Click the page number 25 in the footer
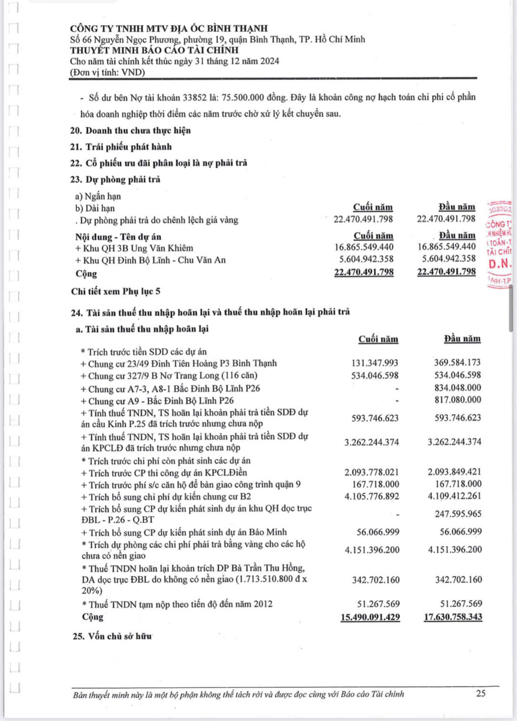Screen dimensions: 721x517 (480, 693)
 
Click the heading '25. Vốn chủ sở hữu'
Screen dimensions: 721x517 (112, 636)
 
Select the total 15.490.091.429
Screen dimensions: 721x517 (370, 617)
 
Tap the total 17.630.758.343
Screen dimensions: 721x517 (453, 617)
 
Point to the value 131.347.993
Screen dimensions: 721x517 (375, 363)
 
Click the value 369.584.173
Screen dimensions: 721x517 (457, 363)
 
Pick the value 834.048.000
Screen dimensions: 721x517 (457, 388)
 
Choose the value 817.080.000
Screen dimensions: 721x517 (457, 400)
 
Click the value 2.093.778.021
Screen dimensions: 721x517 (372, 472)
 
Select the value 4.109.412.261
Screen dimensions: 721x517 (455, 496)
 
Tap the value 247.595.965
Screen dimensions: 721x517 (458, 514)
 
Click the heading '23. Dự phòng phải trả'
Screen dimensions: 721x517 (115, 179)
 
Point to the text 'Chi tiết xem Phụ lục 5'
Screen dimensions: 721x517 (116, 292)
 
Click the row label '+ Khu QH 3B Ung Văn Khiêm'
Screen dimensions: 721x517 (134, 248)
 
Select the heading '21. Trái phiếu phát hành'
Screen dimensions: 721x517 (121, 147)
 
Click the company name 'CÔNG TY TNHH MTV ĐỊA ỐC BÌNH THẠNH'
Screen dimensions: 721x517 (169, 29)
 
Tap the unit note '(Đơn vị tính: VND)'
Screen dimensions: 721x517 (108, 73)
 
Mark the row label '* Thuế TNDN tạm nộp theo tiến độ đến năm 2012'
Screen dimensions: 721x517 (177, 604)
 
